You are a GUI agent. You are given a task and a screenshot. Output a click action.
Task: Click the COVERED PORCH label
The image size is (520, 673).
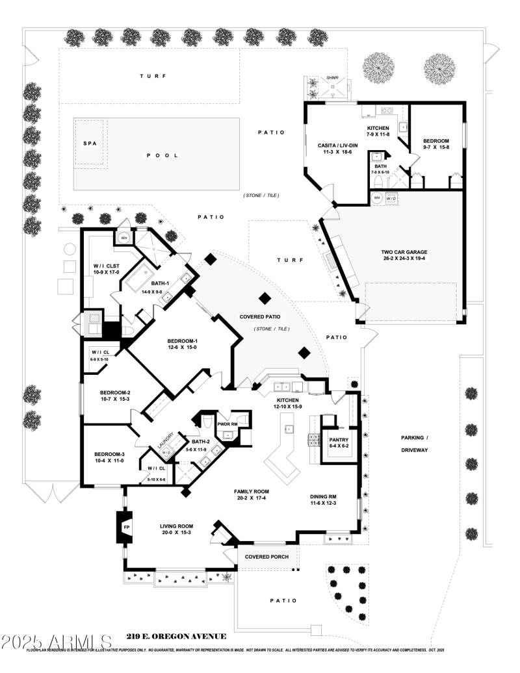pyautogui.click(x=266, y=557)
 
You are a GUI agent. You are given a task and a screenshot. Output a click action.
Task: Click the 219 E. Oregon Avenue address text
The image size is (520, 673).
pyautogui.click(x=176, y=637)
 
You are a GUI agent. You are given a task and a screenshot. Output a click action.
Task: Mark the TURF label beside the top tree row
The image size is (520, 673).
pyautogui.click(x=153, y=77)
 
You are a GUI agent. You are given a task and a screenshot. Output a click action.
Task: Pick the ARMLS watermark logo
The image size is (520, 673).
pyautogui.click(x=57, y=642)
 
